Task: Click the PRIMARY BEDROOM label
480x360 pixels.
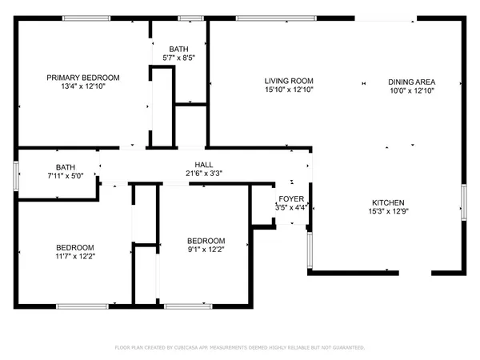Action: pyautogui.click(x=82, y=78)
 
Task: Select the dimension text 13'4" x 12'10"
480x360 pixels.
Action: pyautogui.click(x=82, y=86)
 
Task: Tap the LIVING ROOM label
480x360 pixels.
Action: pyautogui.click(x=289, y=81)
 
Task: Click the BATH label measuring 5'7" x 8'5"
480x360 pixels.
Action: pyautogui.click(x=180, y=48)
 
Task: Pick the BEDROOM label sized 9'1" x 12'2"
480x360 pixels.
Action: pyautogui.click(x=206, y=241)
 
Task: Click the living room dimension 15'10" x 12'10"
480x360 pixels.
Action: pyautogui.click(x=289, y=90)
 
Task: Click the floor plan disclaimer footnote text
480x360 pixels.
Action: pyautogui.click(x=240, y=348)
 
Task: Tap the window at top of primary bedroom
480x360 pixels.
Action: pyautogui.click(x=87, y=18)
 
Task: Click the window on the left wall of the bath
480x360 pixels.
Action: pyautogui.click(x=16, y=174)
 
